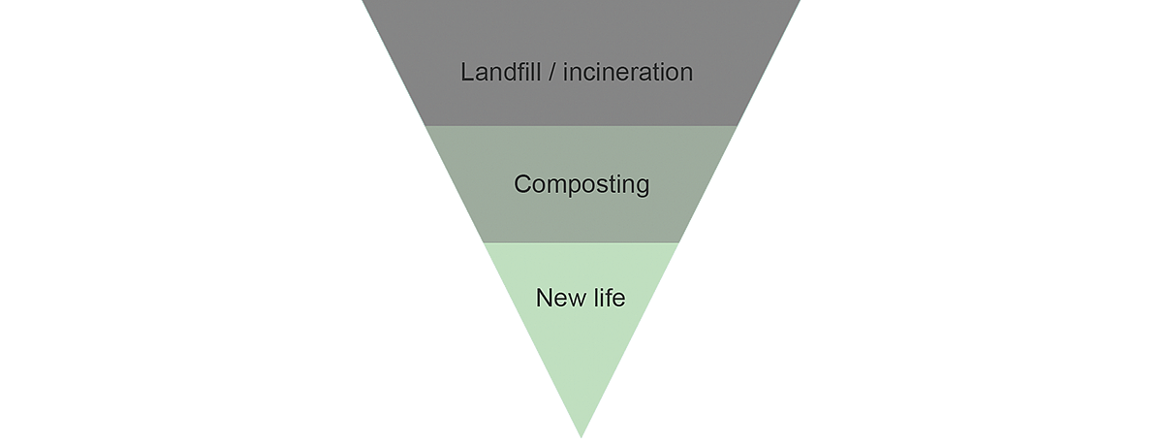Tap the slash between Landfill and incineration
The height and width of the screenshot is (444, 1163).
pyautogui.click(x=556, y=73)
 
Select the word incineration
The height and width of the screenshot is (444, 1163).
pyautogui.click(x=630, y=73)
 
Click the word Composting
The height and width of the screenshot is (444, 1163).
pyautogui.click(x=581, y=184)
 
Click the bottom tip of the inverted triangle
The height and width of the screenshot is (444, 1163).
pyautogui.click(x=581, y=435)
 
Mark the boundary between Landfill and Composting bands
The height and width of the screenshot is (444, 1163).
pyautogui.click(x=581, y=126)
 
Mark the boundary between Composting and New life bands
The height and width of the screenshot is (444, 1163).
pyautogui.click(x=581, y=242)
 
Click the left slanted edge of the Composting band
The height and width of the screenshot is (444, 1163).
pyautogui.click(x=454, y=184)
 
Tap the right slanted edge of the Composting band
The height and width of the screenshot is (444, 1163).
pyautogui.click(x=709, y=184)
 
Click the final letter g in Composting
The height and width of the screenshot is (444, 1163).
pyautogui.click(x=642, y=187)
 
